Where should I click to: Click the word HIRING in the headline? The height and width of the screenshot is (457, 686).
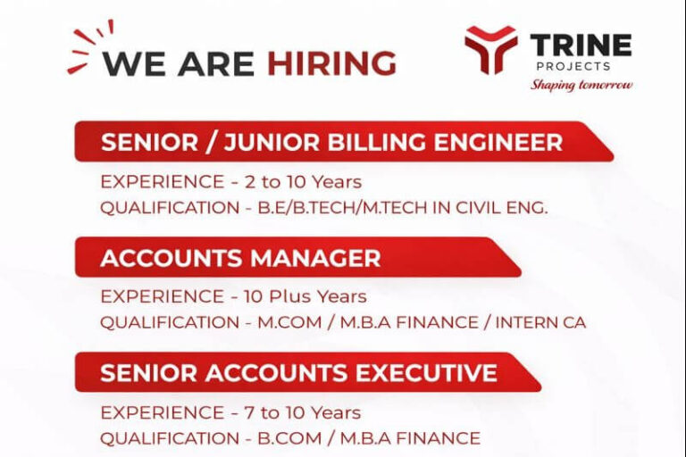(331, 63)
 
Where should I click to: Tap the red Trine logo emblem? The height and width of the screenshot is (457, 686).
(490, 49)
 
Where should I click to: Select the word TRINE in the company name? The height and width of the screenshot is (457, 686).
(581, 45)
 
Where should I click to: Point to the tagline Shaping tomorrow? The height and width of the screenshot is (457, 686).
(581, 85)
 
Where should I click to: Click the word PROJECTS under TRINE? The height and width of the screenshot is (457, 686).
(573, 66)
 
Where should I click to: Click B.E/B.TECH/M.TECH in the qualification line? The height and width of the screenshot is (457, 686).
(334, 208)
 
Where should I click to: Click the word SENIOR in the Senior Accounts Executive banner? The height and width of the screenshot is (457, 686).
(142, 373)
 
